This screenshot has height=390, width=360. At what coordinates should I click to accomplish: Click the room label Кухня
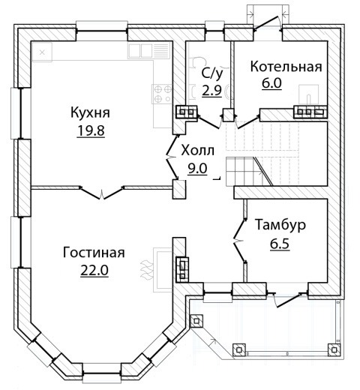click(90, 112)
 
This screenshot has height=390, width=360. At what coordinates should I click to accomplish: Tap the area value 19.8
click(91, 130)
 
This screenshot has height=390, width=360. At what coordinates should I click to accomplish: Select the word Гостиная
click(94, 253)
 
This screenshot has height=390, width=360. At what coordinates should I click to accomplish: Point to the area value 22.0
click(94, 270)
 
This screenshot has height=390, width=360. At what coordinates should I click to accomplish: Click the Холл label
click(198, 151)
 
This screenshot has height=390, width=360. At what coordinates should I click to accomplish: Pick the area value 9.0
click(197, 169)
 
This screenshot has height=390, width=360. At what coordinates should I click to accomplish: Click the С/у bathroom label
click(212, 73)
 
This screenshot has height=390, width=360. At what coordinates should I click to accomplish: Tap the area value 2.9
click(211, 90)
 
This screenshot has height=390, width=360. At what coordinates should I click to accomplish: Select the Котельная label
click(286, 67)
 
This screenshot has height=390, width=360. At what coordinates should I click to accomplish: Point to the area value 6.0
click(271, 83)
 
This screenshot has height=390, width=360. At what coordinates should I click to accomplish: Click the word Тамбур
click(280, 224)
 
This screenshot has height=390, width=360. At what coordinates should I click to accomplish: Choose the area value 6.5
click(280, 244)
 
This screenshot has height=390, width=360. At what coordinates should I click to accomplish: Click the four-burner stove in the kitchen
click(161, 94)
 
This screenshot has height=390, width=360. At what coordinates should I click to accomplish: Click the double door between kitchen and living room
click(101, 193)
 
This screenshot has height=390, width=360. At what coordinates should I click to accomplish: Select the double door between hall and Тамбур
click(239, 241)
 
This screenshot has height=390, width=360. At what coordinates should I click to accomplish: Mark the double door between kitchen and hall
click(172, 157)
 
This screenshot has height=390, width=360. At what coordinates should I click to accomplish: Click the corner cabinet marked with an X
click(42, 52)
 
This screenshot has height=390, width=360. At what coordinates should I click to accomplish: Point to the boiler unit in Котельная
click(309, 94)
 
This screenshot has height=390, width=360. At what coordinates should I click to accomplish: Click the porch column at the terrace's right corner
click(334, 349)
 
